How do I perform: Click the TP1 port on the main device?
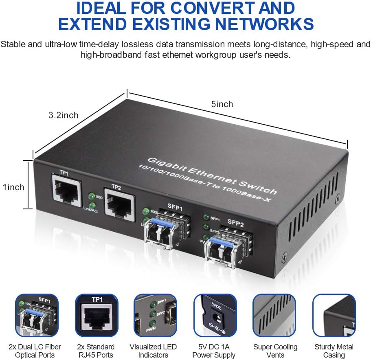(65, 188)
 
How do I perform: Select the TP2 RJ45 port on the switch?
(119, 202)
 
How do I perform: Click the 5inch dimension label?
(222, 104)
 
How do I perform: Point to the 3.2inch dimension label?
(63, 115)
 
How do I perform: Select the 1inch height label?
(13, 187)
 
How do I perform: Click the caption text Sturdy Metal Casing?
(334, 351)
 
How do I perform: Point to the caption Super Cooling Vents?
(275, 351)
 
